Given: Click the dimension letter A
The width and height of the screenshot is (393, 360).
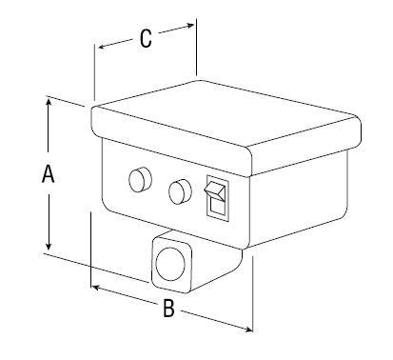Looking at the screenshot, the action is pos(49,173).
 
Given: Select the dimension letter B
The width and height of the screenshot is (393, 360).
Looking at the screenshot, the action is pos(168,308).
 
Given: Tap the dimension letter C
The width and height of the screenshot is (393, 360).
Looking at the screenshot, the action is pos(146,39).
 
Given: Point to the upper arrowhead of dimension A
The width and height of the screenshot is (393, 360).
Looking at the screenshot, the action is pos(49,103).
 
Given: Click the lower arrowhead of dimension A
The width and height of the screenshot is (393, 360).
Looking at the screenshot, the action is pos(49,245).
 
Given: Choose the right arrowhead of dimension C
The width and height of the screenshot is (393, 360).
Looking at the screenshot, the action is pos(189,26).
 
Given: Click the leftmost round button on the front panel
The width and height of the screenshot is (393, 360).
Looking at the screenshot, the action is pos(140,180).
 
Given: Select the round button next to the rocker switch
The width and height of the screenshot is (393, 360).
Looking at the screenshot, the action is pos(180,192).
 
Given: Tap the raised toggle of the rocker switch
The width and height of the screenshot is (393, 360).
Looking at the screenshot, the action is pos(215,190).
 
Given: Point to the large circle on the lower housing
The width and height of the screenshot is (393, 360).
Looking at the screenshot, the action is pos(170,265).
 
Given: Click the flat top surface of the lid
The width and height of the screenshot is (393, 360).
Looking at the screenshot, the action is pos(226,113).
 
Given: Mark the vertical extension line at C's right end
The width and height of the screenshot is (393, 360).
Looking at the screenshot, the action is pos(196,47).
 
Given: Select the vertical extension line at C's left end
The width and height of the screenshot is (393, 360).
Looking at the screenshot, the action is pos(94,72).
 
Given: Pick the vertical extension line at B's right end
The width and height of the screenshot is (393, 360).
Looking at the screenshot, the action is pos(252,293).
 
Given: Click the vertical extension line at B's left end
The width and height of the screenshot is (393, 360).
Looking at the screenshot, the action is pos(91,250).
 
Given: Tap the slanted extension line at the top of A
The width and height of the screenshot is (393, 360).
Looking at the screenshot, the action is pos(66,101).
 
